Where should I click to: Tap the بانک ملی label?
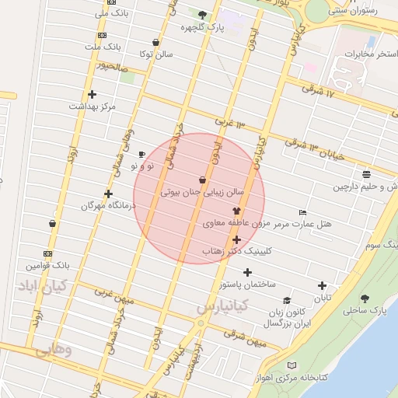point(112,13)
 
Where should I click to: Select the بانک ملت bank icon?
point(102,35)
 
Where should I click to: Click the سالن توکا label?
point(156,55)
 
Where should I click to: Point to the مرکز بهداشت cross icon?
point(93,94)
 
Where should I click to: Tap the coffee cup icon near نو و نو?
point(141,154)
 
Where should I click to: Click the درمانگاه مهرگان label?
point(108,206)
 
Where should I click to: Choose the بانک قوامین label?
point(50,265)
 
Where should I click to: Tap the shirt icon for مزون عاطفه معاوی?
point(236,211)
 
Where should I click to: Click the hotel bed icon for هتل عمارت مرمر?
point(302,212)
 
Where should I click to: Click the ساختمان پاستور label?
point(247,285)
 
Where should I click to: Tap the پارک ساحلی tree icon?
point(365,298)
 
